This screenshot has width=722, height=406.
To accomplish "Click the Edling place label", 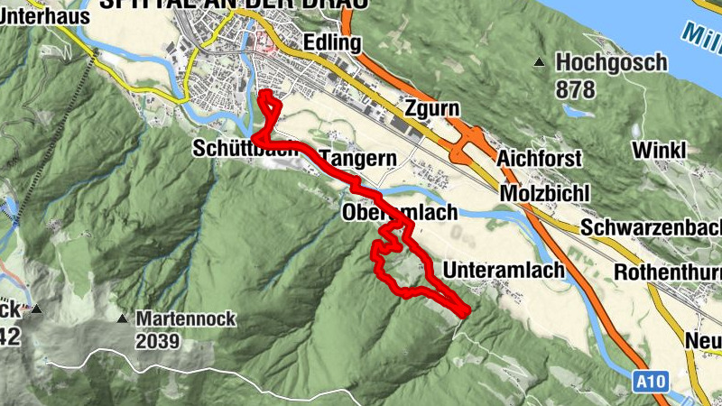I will tap(333, 42).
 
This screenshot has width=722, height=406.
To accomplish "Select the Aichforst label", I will tap(540, 158).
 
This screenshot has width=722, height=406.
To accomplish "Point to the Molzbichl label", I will tap(544, 194).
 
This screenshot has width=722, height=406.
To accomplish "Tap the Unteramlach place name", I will tap(504, 270).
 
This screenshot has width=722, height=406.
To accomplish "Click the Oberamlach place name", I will tap(400, 213).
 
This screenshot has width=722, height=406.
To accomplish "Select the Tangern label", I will tap(358, 159).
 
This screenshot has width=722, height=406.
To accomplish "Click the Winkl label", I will tap(660, 149).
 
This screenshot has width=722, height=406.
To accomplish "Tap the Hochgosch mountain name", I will tap(611, 62).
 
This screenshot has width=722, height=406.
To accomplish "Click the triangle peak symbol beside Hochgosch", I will tap(540, 62).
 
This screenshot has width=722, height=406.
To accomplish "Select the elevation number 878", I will tap(576, 89).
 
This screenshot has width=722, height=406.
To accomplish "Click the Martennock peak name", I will tap(185, 318).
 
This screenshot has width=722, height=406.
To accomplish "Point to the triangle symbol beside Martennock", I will tap(122, 318).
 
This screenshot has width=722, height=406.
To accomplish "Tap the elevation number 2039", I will tap(158, 342).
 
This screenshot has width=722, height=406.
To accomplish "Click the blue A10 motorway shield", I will tap(650, 382).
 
